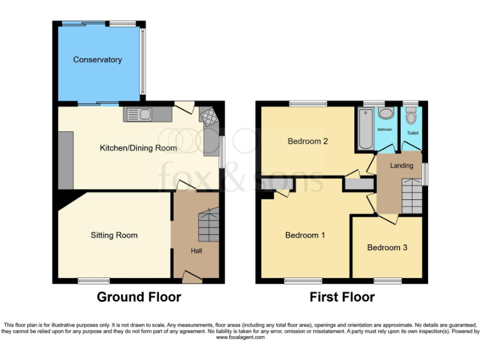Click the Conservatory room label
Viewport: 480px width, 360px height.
click(x=97, y=60)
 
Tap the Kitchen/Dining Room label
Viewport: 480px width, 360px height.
click(x=138, y=148)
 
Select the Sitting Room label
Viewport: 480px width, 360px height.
click(x=114, y=236)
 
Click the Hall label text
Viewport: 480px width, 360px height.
click(x=196, y=251)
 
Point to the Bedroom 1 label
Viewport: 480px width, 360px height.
click(x=305, y=236)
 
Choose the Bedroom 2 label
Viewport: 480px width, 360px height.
click(x=307, y=141)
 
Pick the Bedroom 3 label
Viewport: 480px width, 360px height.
click(x=387, y=247)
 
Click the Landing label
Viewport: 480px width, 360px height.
click(x=402, y=166)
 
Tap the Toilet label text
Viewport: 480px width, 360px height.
click(x=412, y=133)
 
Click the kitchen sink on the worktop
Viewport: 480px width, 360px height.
click(x=139, y=114)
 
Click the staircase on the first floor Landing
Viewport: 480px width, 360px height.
click(x=412, y=195)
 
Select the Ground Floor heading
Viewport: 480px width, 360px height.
click(x=139, y=297)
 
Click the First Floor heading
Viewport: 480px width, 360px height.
click(x=342, y=297)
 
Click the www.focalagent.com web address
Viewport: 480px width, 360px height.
click(x=240, y=337)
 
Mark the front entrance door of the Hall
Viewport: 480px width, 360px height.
click(x=192, y=276)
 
